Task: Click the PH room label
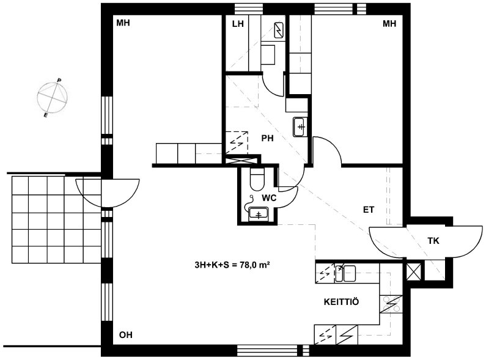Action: (x=267, y=138)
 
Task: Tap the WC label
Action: (x=269, y=198)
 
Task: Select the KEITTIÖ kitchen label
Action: (x=341, y=301)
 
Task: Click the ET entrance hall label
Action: (x=369, y=210)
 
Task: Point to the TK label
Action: (x=433, y=241)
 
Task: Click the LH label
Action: (x=238, y=24)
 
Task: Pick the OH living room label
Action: (x=126, y=335)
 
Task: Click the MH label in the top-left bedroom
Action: (x=123, y=23)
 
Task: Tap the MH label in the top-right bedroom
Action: (x=389, y=24)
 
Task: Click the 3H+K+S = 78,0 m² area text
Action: (x=232, y=265)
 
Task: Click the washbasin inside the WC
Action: (x=258, y=213)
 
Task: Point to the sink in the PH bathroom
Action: (x=300, y=127)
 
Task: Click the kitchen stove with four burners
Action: (x=391, y=304)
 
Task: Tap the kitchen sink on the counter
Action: (x=345, y=273)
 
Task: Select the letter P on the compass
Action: (x=59, y=81)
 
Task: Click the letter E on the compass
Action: (x=46, y=116)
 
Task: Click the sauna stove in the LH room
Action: (x=279, y=31)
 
